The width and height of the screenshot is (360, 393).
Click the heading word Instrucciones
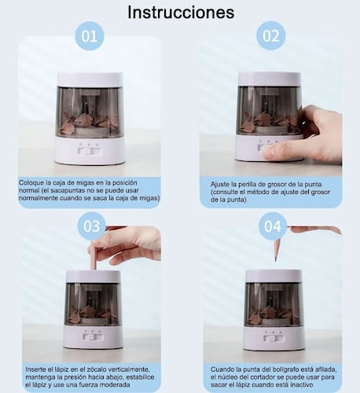tap(181, 12)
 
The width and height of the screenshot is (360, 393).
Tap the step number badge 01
tap(90, 36)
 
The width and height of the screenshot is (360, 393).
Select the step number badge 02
tap(271, 36)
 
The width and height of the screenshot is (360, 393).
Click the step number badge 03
tap(91, 226)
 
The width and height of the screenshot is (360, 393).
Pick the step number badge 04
tap(273, 226)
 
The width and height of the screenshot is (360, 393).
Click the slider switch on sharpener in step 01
tap(89, 152)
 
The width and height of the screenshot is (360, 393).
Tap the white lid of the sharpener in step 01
tap(90, 79)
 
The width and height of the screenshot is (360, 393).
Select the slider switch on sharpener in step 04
tap(274, 338)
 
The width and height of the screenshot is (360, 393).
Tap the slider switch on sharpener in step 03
tap(92, 337)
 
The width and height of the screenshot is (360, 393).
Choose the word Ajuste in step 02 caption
tap(221, 185)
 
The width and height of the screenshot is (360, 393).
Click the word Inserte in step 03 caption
tap(36, 369)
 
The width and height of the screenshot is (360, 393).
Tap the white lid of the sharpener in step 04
tap(274, 276)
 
